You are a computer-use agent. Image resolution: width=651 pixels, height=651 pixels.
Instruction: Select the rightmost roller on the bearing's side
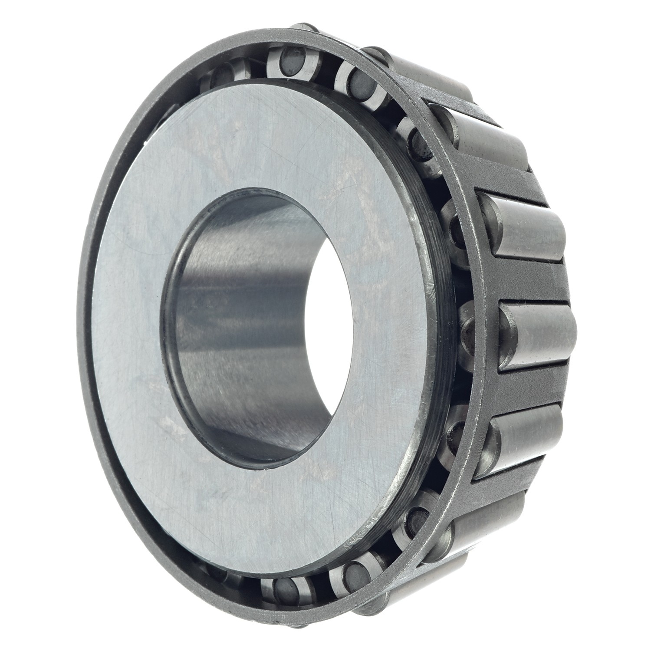tap(538, 336)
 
